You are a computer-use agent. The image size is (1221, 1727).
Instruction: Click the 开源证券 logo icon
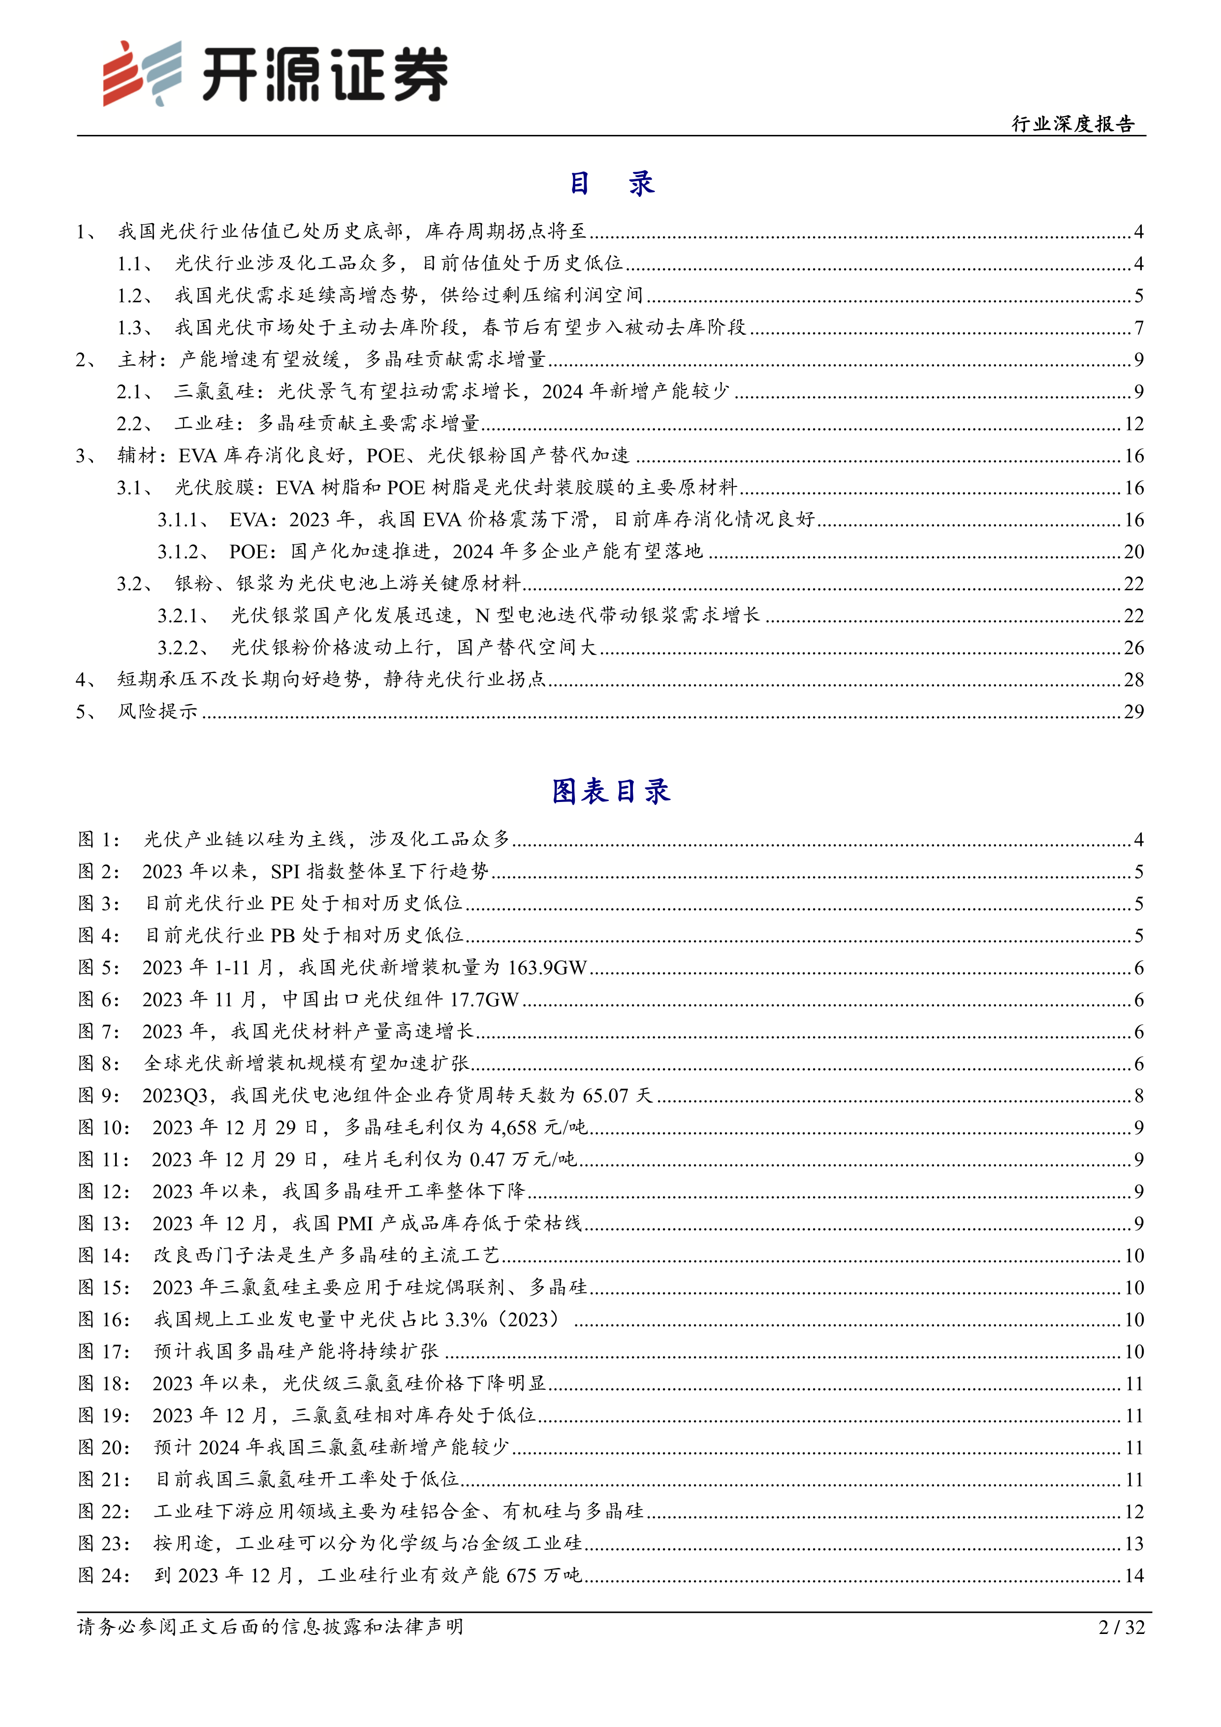coord(142,73)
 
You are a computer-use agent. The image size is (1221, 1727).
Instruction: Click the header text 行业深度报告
coord(1073,124)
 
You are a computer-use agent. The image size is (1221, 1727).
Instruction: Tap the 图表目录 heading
coord(610,791)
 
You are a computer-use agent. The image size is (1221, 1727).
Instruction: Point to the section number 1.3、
coord(135,328)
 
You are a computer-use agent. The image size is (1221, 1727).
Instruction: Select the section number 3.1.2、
coord(183,552)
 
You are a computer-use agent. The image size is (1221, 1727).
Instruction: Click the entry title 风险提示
coord(157,711)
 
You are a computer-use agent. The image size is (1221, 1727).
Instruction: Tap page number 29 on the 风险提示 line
coord(1134,711)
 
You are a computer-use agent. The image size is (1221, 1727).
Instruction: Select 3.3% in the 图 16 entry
coord(466,1320)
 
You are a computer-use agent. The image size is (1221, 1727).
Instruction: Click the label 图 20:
coord(104,1448)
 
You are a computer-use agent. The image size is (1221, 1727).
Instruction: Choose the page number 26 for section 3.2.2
coord(1134,648)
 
